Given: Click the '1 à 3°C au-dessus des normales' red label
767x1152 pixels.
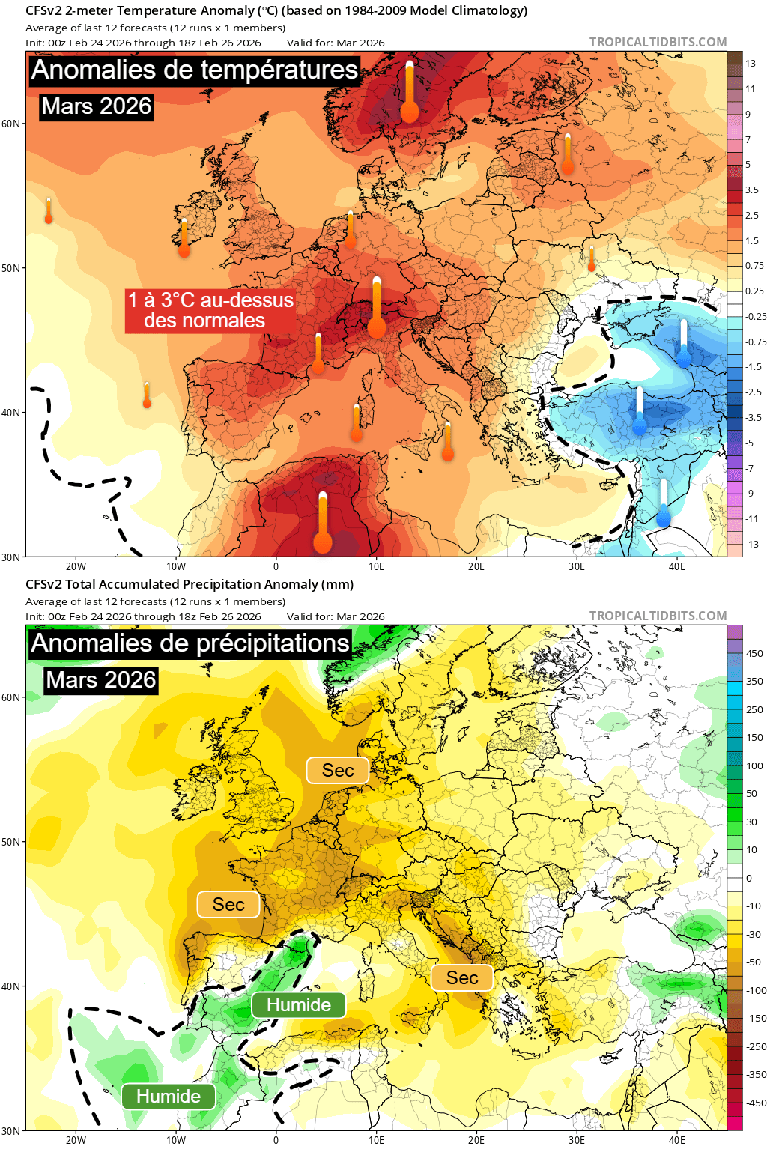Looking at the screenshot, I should click(210, 310).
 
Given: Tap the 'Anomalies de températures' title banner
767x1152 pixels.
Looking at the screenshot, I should click(195, 70).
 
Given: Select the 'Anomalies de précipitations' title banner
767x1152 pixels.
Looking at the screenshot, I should click(190, 643).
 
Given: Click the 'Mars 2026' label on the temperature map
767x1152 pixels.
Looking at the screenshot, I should click(97, 106).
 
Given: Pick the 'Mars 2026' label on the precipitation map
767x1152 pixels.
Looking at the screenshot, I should click(101, 680).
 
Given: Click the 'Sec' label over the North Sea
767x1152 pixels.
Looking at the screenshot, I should click(338, 770).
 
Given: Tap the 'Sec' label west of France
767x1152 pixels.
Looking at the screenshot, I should click(228, 904).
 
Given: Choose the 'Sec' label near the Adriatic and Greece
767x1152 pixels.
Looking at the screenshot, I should click(462, 977).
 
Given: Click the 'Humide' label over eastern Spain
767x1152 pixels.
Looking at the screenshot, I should click(299, 1004).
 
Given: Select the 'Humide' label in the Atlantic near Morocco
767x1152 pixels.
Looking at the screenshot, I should click(169, 1097).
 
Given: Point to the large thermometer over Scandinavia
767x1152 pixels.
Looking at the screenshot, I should click(410, 93).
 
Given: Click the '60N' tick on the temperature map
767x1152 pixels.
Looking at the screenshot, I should click(10, 124).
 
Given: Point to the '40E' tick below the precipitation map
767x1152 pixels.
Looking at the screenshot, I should click(676, 1140).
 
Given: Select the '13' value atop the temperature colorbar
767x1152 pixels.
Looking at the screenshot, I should click(751, 64).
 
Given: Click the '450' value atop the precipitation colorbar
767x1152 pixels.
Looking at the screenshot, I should click(754, 653).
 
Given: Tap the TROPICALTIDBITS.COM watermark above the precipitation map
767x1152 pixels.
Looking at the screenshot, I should click(658, 616).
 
